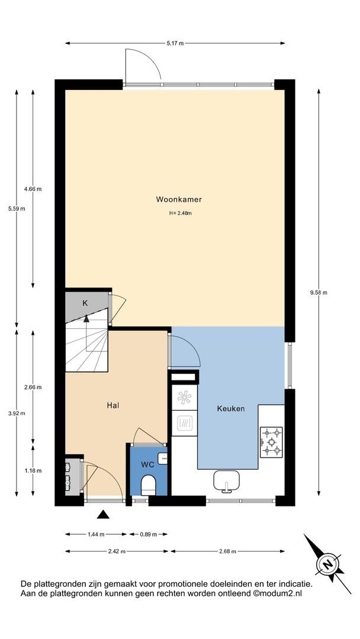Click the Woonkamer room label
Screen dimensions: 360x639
coord(179,199)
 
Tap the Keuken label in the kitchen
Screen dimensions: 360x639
coord(231,408)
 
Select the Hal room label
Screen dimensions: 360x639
coord(113,405)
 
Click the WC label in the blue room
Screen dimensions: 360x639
coord(147,464)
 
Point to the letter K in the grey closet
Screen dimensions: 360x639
coord(85,303)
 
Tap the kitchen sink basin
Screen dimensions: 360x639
coord(226,480)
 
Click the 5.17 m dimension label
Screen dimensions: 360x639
coord(175,43)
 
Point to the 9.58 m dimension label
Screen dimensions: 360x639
coord(319,292)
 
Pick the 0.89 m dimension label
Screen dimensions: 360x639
coord(148,534)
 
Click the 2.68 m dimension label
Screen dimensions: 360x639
coord(227,551)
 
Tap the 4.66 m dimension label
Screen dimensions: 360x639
coord(33,189)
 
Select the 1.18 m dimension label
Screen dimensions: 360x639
coord(33,470)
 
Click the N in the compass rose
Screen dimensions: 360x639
coord(327,564)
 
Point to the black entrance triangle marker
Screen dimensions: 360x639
coord(103,515)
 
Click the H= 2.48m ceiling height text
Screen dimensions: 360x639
coord(180,213)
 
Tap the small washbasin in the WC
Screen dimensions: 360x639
coord(164,458)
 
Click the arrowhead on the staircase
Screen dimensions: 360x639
coord(86,319)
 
